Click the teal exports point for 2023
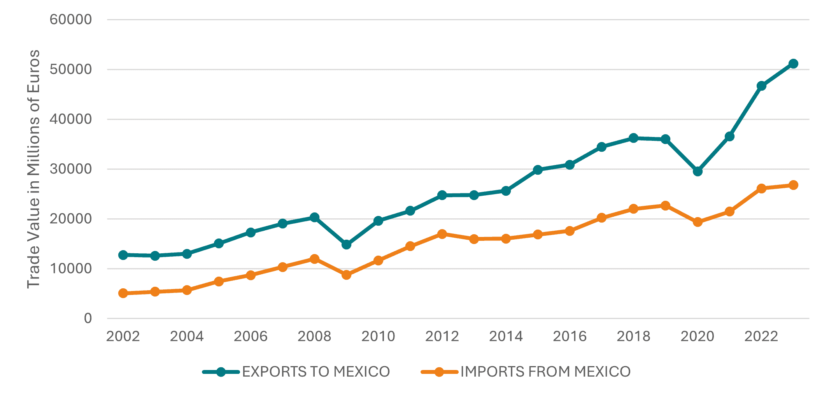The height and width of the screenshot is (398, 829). pyautogui.click(x=793, y=64)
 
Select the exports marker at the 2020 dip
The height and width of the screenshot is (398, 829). pyautogui.click(x=698, y=171)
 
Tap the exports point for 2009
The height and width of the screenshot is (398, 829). pyautogui.click(x=346, y=244)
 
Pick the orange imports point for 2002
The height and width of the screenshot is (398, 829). pyautogui.click(x=123, y=293)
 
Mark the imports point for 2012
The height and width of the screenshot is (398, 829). pyautogui.click(x=442, y=234)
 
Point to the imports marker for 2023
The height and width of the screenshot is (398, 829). pyautogui.click(x=793, y=185)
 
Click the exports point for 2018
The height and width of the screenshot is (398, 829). pyautogui.click(x=633, y=138)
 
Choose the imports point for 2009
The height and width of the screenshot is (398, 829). pyautogui.click(x=346, y=275)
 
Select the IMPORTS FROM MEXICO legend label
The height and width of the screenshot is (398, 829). pyautogui.click(x=545, y=372)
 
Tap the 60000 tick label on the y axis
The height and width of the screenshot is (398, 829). pyautogui.click(x=71, y=19)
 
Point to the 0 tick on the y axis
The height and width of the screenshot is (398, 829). pyautogui.click(x=88, y=318)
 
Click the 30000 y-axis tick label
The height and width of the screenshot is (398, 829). pyautogui.click(x=71, y=169)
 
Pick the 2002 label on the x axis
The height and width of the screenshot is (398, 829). pyautogui.click(x=123, y=336)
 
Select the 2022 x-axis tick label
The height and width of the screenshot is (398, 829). pyautogui.click(x=761, y=336)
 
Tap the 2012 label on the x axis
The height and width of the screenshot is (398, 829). pyautogui.click(x=442, y=336)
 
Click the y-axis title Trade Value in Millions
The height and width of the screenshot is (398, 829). pyautogui.click(x=33, y=169)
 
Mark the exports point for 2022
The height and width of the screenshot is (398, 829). pyautogui.click(x=761, y=86)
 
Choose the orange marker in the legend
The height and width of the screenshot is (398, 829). pyautogui.click(x=439, y=372)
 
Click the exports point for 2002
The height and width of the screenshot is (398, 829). pyautogui.click(x=123, y=255)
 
